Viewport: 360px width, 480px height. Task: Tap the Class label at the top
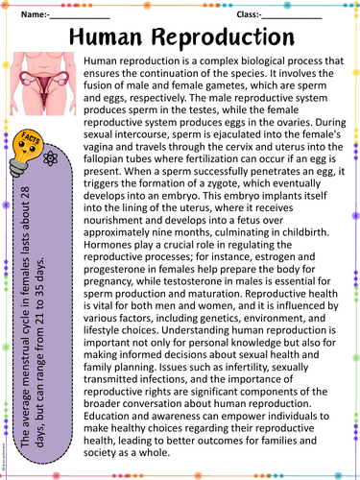[248, 14]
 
